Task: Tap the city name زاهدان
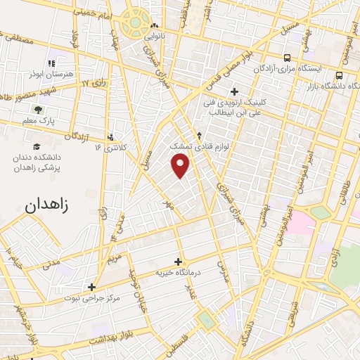pos(49,207)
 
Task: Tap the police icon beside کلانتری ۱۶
pos(111,138)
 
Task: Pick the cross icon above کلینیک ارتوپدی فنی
pos(234,91)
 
